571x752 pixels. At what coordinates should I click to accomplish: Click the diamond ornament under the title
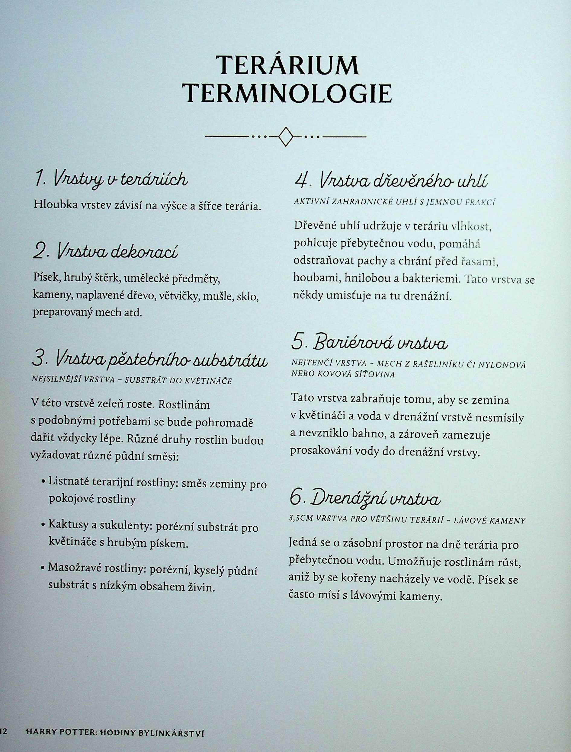point(285,137)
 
